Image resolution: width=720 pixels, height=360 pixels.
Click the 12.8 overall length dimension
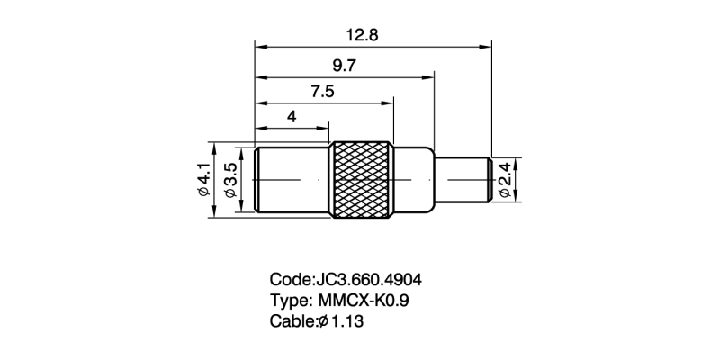coord(363,35)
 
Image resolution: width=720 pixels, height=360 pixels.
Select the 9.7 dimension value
coord(344,66)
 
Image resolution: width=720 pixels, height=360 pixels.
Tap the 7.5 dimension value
coord(322,92)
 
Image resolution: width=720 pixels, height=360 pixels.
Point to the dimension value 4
coord(292,117)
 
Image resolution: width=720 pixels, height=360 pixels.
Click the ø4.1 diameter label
coord(204,179)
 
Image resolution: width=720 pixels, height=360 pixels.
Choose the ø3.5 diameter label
coord(231,180)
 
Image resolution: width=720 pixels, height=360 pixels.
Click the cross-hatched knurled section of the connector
coord(362,179)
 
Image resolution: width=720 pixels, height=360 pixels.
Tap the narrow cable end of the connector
coord(463,179)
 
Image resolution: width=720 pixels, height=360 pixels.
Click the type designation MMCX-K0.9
coord(364,301)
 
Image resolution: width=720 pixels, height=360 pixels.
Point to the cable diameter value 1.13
coord(347,321)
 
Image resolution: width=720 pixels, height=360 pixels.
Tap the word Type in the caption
coord(288,301)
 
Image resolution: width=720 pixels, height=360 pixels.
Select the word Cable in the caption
coord(291,321)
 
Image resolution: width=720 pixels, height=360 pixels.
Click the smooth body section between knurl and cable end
coord(414,179)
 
